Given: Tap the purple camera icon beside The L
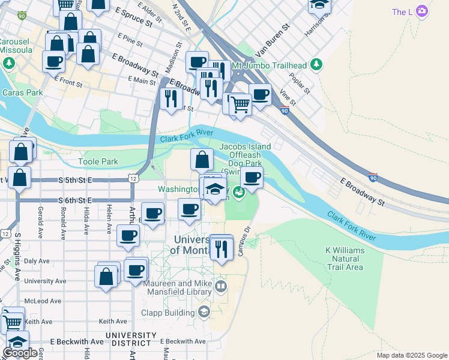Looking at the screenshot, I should pyautogui.click(x=422, y=11).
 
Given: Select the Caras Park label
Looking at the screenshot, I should pyautogui.click(x=22, y=93).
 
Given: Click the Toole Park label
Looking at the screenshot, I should pyautogui.click(x=98, y=161).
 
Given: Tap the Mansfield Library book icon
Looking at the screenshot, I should pyautogui.click(x=221, y=286).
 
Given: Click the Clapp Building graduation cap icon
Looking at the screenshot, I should pyautogui.click(x=204, y=311).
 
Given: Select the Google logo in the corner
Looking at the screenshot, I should pyautogui.click(x=20, y=352).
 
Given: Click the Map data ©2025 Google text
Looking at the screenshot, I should pyautogui.click(x=412, y=355).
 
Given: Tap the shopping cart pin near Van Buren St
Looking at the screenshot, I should pyautogui.click(x=241, y=104).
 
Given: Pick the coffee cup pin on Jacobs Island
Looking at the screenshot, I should pyautogui.click(x=252, y=178).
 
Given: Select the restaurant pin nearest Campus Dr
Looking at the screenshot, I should pyautogui.click(x=221, y=247).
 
